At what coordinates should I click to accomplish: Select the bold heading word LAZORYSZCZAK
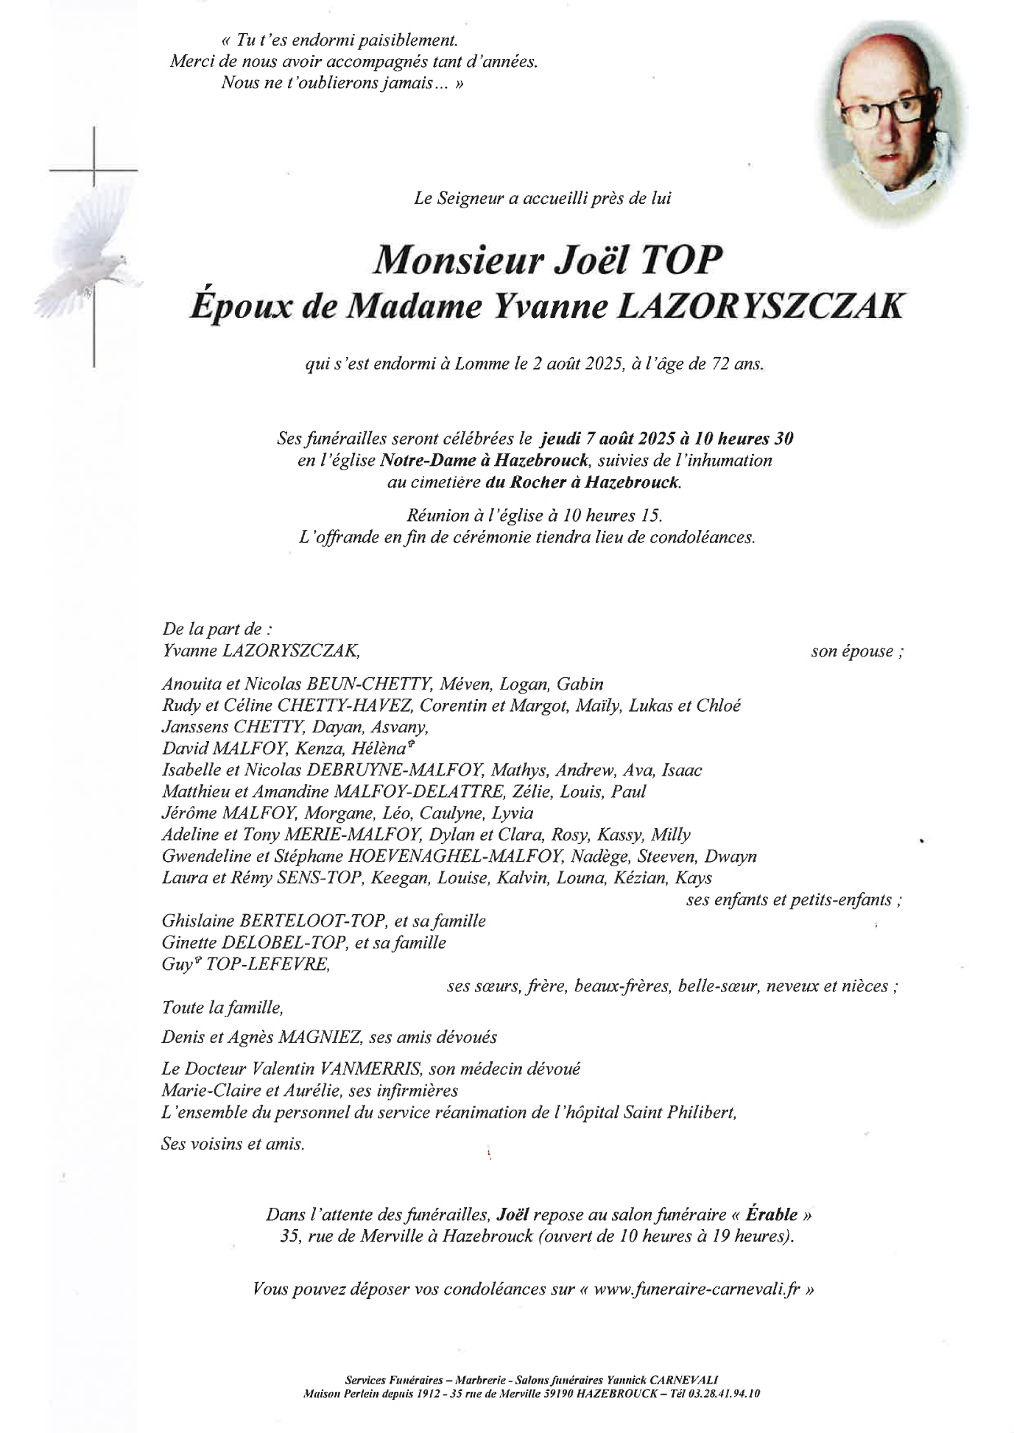point(758,305)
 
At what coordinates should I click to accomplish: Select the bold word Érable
point(771,1214)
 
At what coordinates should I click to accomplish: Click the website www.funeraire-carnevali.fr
point(697,1289)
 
